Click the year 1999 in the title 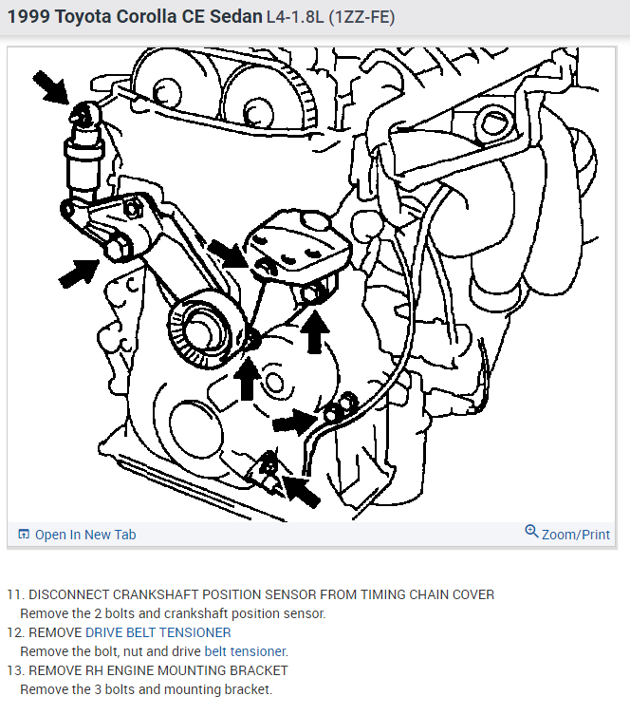28,18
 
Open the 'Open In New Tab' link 84,535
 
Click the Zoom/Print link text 575,535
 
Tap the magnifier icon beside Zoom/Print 531,533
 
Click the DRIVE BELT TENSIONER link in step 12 157,632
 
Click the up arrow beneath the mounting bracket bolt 316,331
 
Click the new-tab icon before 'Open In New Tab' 24,535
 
